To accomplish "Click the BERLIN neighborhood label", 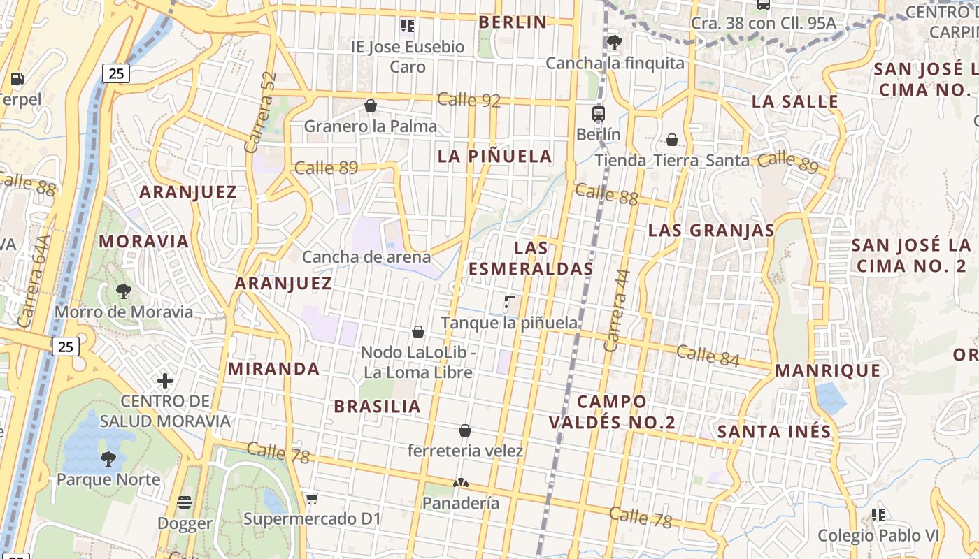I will (x=513, y=22).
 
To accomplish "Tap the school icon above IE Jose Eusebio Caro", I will (x=408, y=26).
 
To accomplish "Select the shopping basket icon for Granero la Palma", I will (x=371, y=106).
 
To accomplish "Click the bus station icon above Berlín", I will (x=598, y=113).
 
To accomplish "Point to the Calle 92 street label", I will (x=469, y=100).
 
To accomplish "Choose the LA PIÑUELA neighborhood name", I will (x=495, y=157).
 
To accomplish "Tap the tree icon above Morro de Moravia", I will (x=124, y=291).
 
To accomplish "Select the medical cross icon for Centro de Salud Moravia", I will (x=165, y=381).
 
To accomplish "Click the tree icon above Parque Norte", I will (x=108, y=458).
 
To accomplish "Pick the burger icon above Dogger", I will (x=185, y=502).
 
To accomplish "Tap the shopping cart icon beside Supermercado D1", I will (x=312, y=498).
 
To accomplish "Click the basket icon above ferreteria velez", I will (x=465, y=430).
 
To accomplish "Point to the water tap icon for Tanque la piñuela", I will (x=509, y=303).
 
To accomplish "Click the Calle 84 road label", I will (x=708, y=355).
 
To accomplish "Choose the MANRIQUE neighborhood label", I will (x=828, y=370).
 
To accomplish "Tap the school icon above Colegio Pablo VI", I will (x=878, y=515).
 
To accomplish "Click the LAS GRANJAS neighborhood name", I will (x=711, y=231).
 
